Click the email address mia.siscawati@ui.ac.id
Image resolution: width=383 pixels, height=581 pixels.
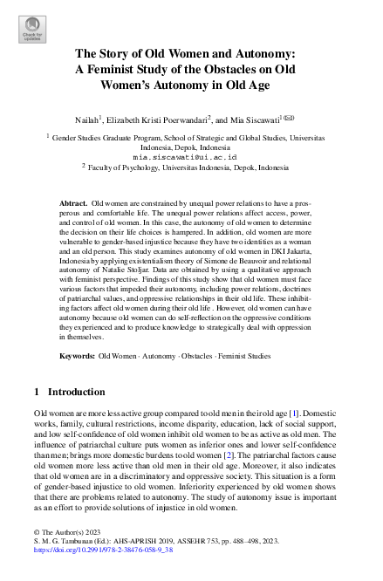click(x=191, y=156)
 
